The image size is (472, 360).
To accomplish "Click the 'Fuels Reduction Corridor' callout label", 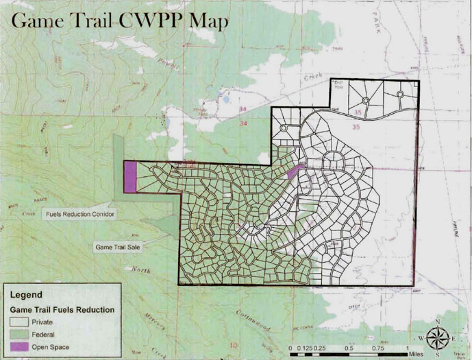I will click(x=80, y=214).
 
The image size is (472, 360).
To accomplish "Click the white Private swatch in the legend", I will click(x=23, y=321).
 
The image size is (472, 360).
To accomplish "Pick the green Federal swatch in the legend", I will click(x=23, y=334).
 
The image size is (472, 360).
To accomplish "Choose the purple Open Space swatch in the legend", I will click(x=23, y=347).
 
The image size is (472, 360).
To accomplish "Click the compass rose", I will click(x=437, y=337).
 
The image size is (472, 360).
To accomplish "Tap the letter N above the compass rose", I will click(x=437, y=321).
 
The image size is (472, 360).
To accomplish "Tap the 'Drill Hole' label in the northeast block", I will click(x=336, y=86).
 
